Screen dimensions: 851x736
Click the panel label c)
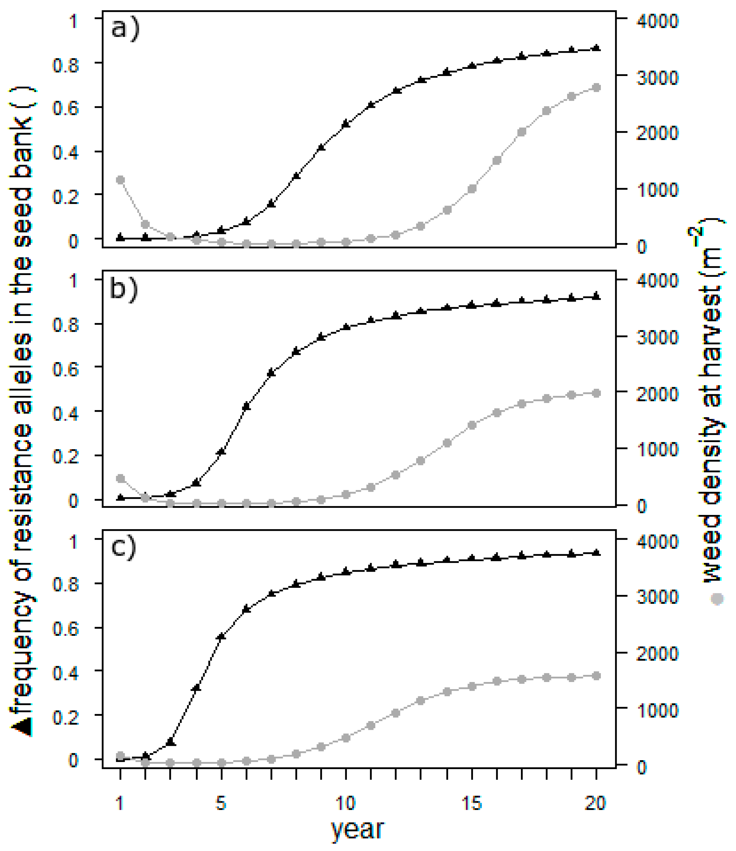(123, 548)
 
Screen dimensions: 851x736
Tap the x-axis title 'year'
(358, 828)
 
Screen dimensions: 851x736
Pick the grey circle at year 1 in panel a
(120, 180)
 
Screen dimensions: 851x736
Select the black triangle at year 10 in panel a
(346, 124)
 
